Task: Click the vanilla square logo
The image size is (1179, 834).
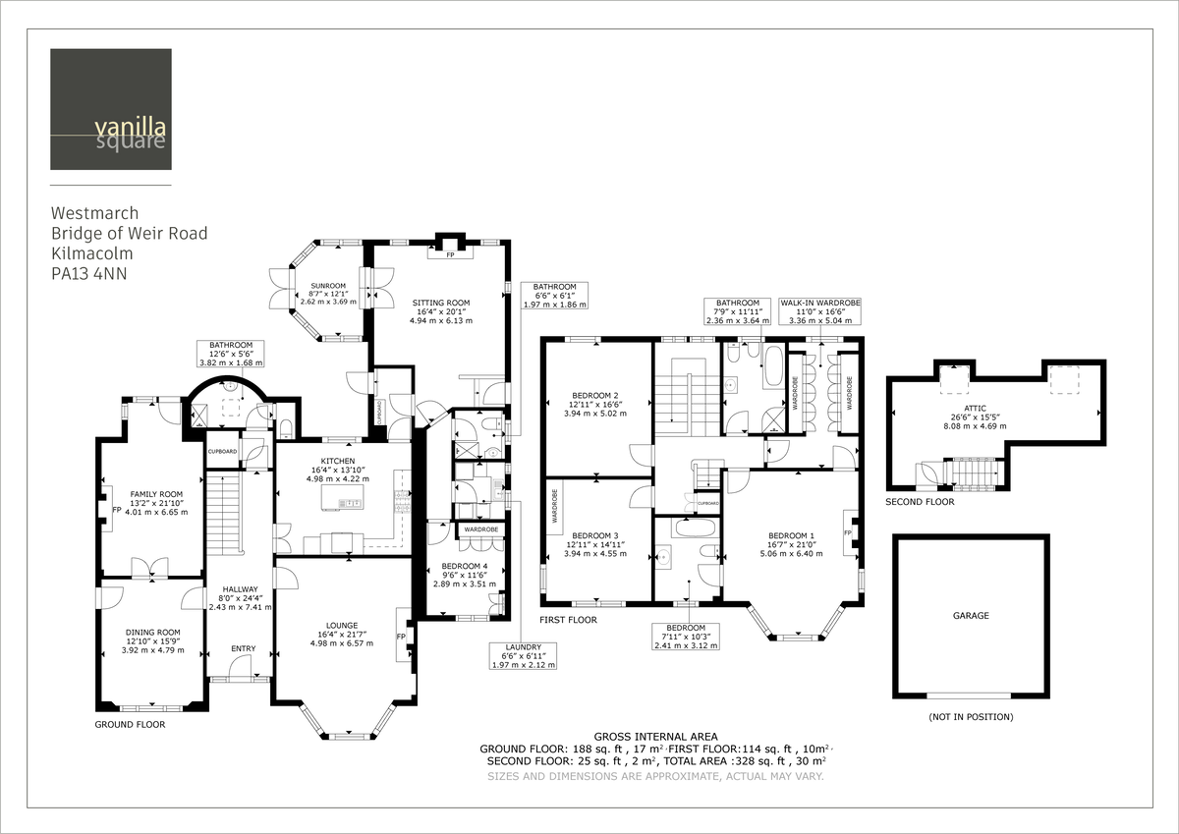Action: coord(111,109)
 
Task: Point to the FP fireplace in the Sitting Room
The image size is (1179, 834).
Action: coord(449,252)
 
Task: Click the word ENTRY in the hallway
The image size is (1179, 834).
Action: coord(243,648)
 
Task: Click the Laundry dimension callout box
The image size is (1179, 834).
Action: coord(523,655)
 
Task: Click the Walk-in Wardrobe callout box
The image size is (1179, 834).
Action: coord(818,311)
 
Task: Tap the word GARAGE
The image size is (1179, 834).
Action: coord(971,616)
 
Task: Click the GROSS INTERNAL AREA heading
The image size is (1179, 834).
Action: coord(655,736)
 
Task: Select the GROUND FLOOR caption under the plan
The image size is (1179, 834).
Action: coord(130,724)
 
